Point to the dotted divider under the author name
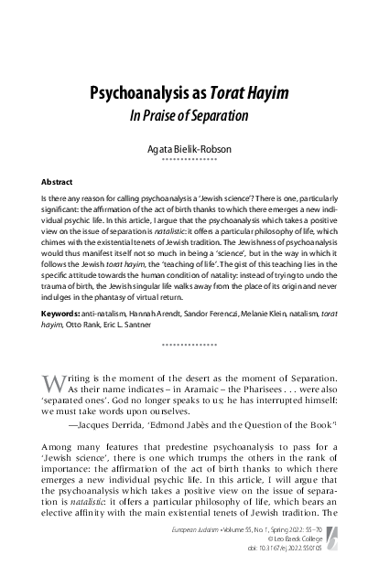coord(189,158)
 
